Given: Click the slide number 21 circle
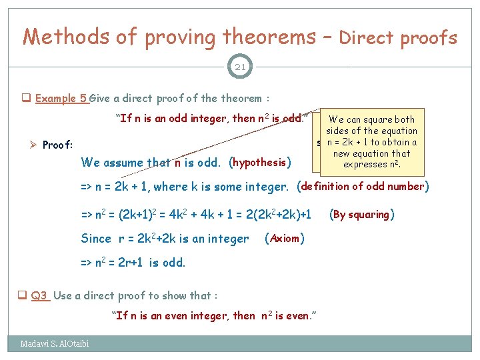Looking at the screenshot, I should coord(239,66).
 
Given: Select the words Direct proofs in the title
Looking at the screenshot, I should coord(398,38).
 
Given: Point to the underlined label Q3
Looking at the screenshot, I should coord(40,295).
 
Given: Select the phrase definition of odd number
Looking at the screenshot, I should coord(363,187).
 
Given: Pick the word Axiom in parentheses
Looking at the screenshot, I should coord(285,239).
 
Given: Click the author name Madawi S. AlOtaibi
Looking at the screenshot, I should coord(54,344).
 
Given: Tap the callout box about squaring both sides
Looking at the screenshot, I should coord(371,142).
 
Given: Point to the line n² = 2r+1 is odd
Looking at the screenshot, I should coord(133,263).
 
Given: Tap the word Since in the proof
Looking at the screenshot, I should coord(96,239).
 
